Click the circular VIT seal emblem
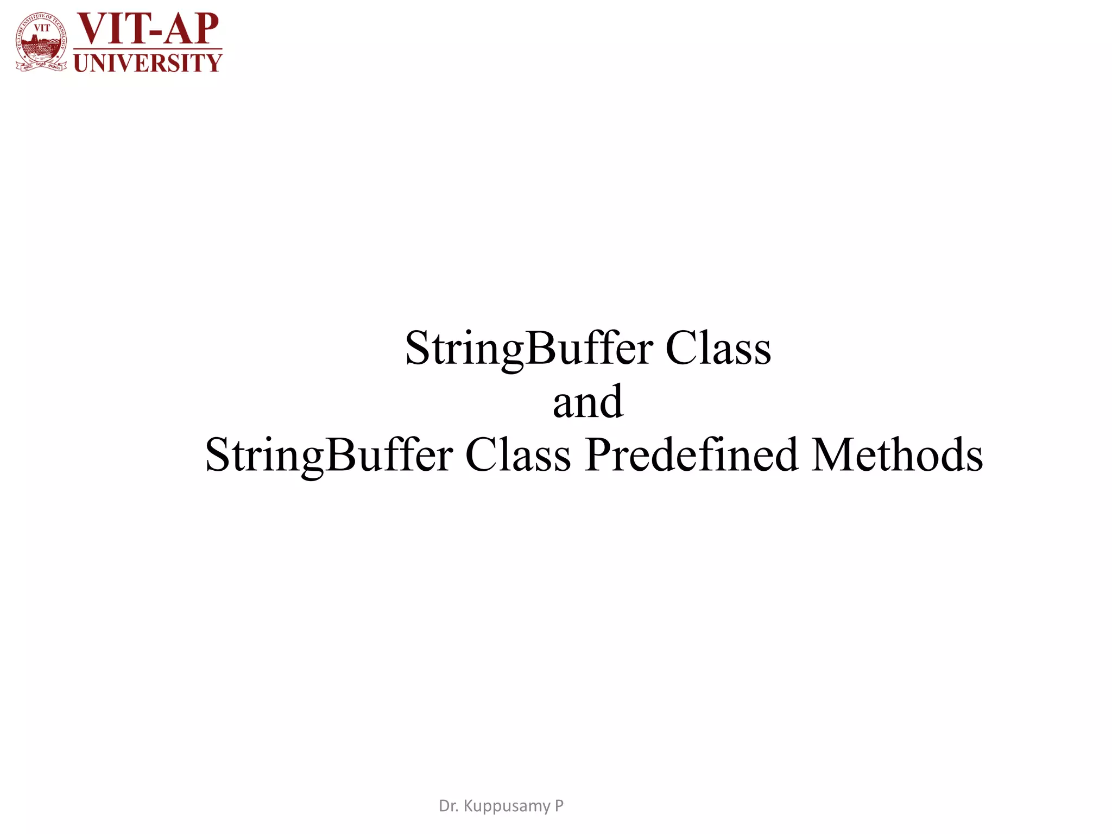point(41,42)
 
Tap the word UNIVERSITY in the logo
point(148,63)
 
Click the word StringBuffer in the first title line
point(529,349)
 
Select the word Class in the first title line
point(718,349)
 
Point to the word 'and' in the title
point(588,402)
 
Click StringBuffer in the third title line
point(329,455)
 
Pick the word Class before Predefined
point(518,455)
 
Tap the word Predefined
point(692,455)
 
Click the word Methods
point(897,455)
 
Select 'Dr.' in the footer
point(448,806)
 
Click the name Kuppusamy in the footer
point(507,806)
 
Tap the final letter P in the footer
point(559,806)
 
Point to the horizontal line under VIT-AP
point(148,49)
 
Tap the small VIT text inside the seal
point(42,28)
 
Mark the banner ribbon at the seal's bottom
point(41,66)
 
